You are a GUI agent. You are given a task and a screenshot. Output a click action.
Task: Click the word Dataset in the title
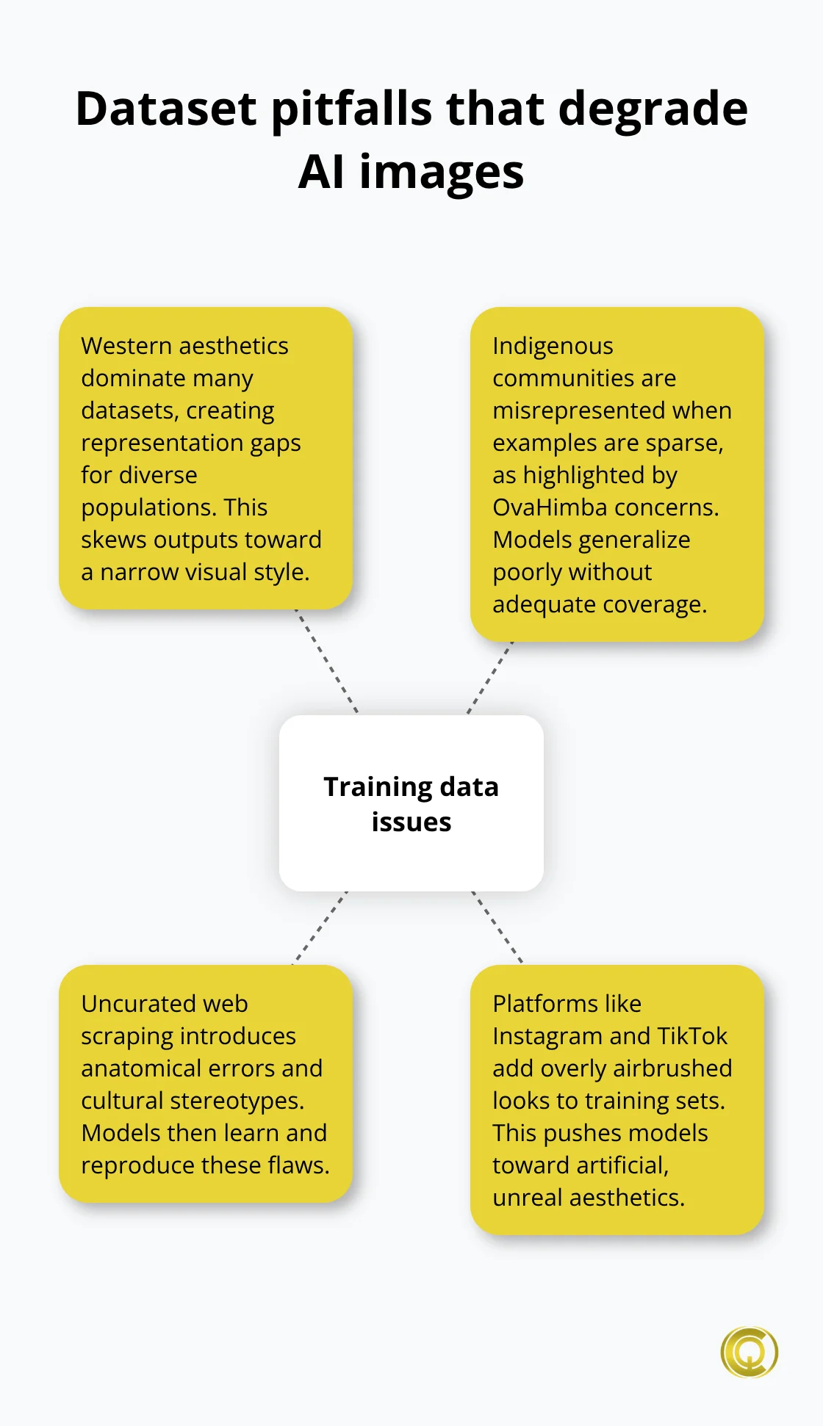167,109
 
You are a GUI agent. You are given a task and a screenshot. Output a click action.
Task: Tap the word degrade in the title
653,109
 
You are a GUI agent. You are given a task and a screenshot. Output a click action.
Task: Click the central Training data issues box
412,803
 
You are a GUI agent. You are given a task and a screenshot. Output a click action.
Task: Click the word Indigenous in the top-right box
553,345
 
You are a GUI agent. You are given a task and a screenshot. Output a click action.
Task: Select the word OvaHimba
545,507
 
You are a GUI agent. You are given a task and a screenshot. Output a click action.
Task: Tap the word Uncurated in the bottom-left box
128,1003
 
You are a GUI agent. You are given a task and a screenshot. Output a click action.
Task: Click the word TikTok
692,1036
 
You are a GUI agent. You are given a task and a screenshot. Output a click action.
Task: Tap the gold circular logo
749,1352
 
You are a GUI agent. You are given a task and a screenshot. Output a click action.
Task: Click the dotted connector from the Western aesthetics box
327,661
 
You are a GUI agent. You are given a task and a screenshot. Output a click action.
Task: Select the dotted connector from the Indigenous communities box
490,677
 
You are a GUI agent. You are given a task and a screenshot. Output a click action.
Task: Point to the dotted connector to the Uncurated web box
320,927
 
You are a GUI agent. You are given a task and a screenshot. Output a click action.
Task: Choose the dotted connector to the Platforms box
497,927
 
